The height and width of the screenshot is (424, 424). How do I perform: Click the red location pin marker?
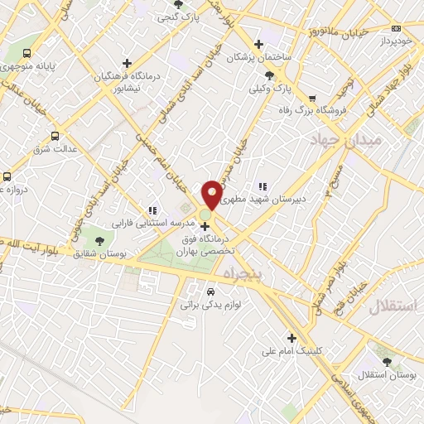tap(212, 194)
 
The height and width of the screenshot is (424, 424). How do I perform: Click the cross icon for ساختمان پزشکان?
tap(259, 44)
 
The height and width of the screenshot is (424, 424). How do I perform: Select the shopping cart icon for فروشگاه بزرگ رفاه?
tap(312, 98)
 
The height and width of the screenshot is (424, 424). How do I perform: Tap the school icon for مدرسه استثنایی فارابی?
tap(152, 210)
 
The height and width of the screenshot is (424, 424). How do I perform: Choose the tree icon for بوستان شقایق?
tap(100, 240)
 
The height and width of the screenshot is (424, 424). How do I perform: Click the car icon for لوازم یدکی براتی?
tap(210, 291)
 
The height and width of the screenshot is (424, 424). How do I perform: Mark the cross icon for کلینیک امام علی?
tap(291, 337)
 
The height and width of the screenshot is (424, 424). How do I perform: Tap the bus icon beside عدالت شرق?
tap(55, 136)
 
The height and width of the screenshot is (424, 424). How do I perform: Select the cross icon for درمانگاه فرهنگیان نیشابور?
tap(127, 63)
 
